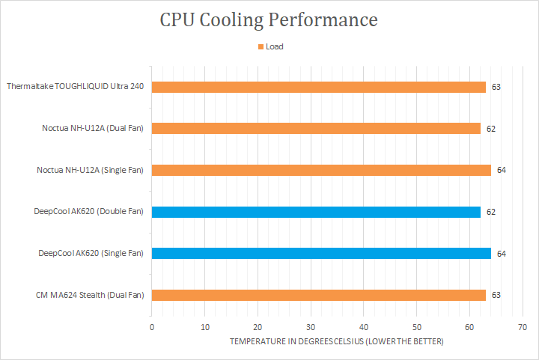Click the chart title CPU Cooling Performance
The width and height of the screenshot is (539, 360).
point(269,19)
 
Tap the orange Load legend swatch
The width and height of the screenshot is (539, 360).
point(261,46)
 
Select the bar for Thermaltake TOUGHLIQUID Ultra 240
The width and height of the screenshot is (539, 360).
point(319,87)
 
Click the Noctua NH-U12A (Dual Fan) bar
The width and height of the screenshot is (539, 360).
point(316,129)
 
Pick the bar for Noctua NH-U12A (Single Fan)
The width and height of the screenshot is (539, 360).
point(321,170)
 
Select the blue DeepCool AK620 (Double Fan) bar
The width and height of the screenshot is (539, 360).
point(316,212)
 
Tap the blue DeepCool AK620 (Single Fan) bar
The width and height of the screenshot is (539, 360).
point(321,254)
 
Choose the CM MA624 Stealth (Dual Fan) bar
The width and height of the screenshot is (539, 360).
point(319,295)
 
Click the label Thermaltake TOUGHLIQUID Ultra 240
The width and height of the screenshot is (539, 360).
point(75,87)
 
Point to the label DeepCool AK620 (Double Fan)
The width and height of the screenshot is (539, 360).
point(88,212)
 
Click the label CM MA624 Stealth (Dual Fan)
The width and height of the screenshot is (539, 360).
point(90,295)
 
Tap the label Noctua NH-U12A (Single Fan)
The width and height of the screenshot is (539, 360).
point(90,170)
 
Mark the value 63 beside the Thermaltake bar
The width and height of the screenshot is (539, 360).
point(496,87)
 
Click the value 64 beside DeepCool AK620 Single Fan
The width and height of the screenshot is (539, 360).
point(501,254)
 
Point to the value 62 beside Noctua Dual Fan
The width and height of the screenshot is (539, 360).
point(490,129)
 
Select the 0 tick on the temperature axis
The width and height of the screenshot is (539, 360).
point(152,327)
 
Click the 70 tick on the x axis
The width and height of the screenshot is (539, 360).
point(522,327)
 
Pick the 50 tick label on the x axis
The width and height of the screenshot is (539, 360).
point(416,327)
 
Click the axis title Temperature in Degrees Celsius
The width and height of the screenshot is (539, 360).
point(337,342)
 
